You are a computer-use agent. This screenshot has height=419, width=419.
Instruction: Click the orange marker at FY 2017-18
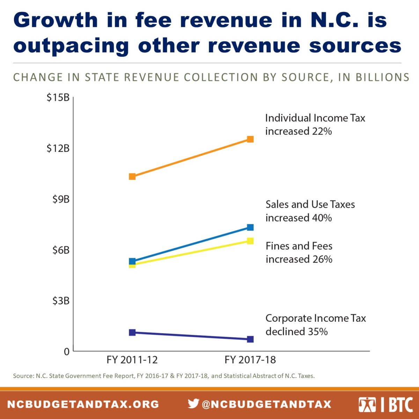tap(250, 139)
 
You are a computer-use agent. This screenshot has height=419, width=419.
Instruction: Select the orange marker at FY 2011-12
tap(132, 176)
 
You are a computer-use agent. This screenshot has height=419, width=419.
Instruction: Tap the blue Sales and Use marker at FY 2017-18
tap(250, 227)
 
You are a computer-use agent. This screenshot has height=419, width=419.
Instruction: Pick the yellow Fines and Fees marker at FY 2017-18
tap(250, 241)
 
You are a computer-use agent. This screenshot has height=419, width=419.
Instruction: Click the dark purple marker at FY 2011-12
tap(132, 332)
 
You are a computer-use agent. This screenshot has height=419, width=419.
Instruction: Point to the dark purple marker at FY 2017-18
tap(250, 339)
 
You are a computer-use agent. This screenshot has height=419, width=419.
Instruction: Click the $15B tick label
tap(58, 97)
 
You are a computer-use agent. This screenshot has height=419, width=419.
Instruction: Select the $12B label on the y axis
tap(58, 148)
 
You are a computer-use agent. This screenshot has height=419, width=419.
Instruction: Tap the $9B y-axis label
tap(61, 199)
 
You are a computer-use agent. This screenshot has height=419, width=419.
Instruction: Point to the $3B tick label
tap(61, 301)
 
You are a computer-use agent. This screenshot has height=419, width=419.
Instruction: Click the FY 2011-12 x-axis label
tap(132, 360)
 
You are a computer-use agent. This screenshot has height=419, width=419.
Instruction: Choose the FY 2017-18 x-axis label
tap(250, 360)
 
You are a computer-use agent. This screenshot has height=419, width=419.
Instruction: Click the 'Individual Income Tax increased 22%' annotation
tap(315, 125)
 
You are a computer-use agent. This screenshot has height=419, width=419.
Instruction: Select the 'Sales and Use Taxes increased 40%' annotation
tap(310, 211)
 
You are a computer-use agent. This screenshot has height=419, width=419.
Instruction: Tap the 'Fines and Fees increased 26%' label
tap(299, 252)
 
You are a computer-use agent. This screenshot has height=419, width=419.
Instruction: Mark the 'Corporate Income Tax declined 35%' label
tap(315, 325)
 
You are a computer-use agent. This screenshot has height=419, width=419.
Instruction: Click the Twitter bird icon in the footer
tap(193, 404)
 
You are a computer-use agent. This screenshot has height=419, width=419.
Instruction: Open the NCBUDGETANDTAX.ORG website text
tap(83, 404)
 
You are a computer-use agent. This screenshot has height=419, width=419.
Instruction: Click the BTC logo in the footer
tap(385, 404)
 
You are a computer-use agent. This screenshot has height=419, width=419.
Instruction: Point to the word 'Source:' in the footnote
tap(23, 376)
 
